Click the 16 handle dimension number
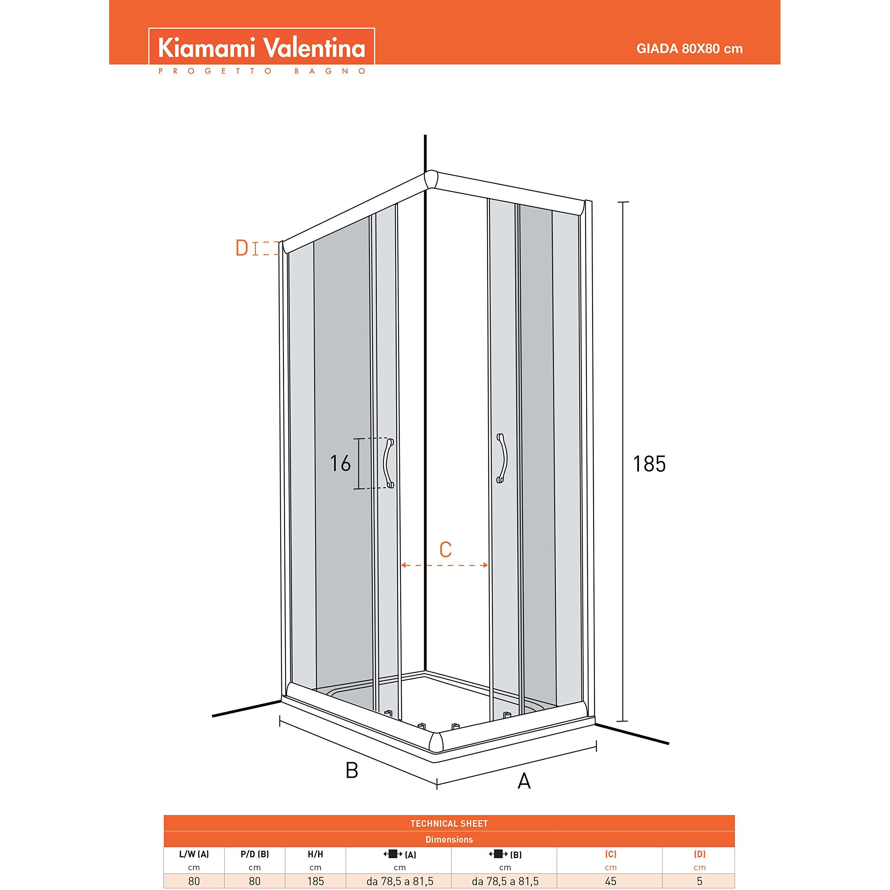(x=340, y=463)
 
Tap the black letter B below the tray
(x=351, y=770)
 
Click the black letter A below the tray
(x=524, y=780)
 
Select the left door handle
(x=388, y=463)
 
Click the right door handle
(x=502, y=458)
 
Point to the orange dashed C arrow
(x=445, y=565)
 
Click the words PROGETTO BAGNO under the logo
(x=262, y=71)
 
